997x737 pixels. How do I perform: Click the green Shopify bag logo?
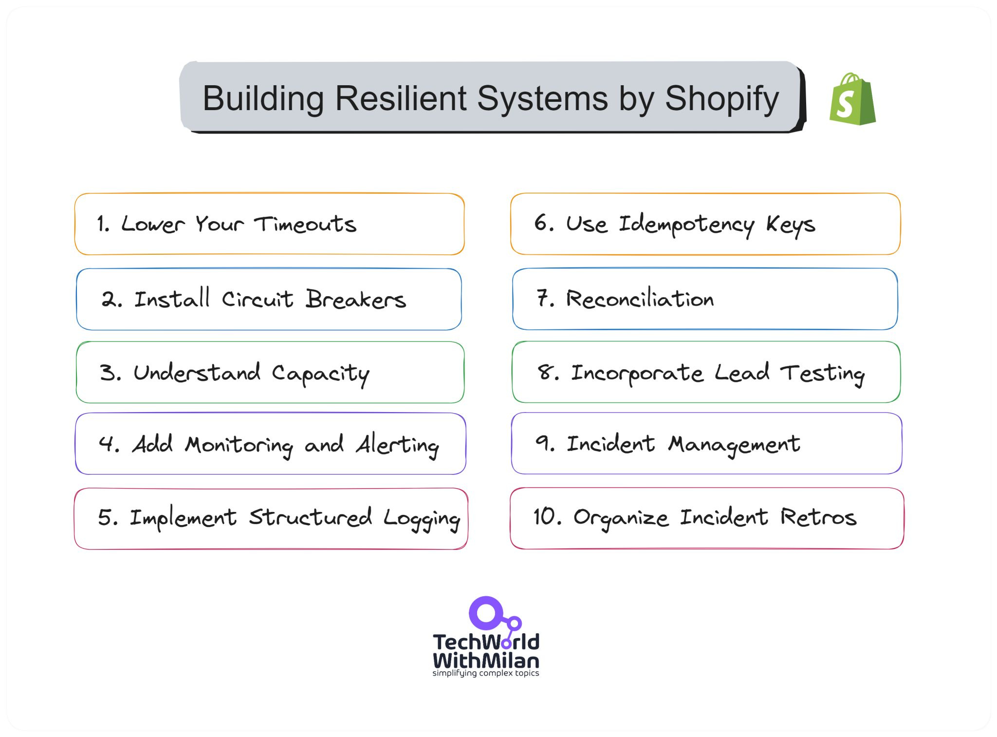click(852, 100)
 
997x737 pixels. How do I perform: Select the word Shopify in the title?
click(721, 98)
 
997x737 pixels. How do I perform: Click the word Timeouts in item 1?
click(305, 224)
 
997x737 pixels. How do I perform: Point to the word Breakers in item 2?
click(355, 299)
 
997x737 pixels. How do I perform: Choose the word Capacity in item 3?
click(320, 374)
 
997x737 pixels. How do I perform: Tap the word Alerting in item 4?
click(397, 445)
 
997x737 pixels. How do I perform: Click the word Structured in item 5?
click(310, 517)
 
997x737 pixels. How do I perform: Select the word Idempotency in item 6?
click(686, 225)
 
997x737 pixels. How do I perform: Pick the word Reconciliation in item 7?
click(640, 299)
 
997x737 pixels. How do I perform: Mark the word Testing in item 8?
click(822, 374)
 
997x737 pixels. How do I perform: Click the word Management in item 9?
click(734, 444)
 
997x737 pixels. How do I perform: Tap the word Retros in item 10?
click(818, 517)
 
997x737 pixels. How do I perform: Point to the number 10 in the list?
click(544, 516)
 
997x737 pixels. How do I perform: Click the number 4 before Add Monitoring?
click(107, 444)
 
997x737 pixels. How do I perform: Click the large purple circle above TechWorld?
click(486, 613)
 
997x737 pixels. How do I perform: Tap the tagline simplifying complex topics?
click(485, 673)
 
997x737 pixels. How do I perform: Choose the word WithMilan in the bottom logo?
click(485, 660)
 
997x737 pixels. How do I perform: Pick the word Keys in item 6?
click(790, 225)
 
